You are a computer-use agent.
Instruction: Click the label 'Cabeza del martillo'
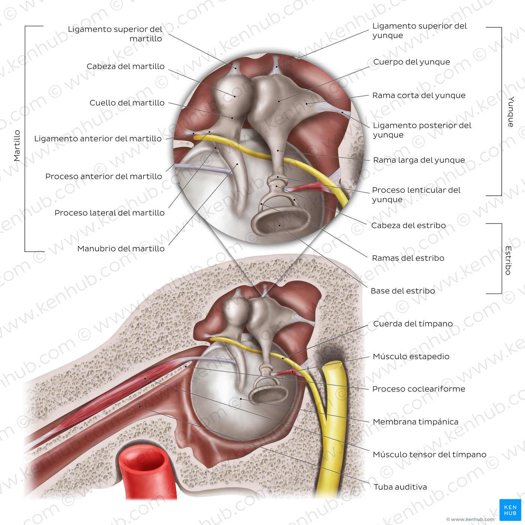pyautogui.click(x=125, y=66)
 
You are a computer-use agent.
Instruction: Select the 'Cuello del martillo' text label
pyautogui.click(x=127, y=103)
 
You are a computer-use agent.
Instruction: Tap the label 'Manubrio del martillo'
pyautogui.click(x=121, y=249)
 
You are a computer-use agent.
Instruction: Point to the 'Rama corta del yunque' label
pyautogui.click(x=419, y=95)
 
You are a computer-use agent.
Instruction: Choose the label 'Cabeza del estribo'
pyautogui.click(x=408, y=225)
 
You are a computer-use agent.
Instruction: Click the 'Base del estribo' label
pyautogui.click(x=403, y=291)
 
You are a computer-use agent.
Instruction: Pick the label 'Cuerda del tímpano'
pyautogui.click(x=413, y=324)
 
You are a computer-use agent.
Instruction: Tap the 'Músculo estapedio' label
pyautogui.click(x=411, y=356)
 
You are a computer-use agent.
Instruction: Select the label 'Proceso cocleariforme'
pyautogui.click(x=419, y=389)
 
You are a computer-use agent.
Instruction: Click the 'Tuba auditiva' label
pyautogui.click(x=400, y=487)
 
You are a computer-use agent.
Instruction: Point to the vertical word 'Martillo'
pyautogui.click(x=17, y=145)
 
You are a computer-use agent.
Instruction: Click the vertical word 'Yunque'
pyautogui.click(x=511, y=112)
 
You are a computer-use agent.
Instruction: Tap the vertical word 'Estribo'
pyautogui.click(x=508, y=261)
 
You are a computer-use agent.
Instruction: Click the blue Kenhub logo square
pyautogui.click(x=510, y=510)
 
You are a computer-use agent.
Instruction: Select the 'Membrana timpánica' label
pyautogui.click(x=415, y=422)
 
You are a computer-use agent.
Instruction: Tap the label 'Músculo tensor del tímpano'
pyautogui.click(x=429, y=454)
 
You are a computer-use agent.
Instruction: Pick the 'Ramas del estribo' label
pyautogui.click(x=408, y=258)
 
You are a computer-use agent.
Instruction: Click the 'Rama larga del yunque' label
pyautogui.click(x=419, y=160)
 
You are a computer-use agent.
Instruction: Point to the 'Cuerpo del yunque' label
pyautogui.click(x=411, y=62)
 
